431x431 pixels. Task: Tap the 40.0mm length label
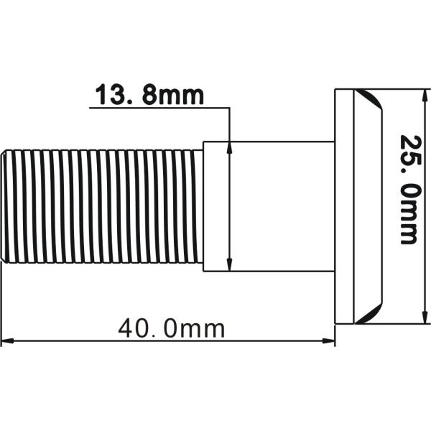point(171,329)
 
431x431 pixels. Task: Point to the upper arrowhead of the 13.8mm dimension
point(228,147)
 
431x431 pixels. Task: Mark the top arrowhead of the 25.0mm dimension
point(427,94)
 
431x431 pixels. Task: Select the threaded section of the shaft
point(101,206)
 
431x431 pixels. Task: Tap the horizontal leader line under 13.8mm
point(158,108)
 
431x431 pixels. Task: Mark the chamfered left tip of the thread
point(4,206)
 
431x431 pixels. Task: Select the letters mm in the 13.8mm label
point(182,95)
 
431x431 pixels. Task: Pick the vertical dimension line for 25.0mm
point(427,206)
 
